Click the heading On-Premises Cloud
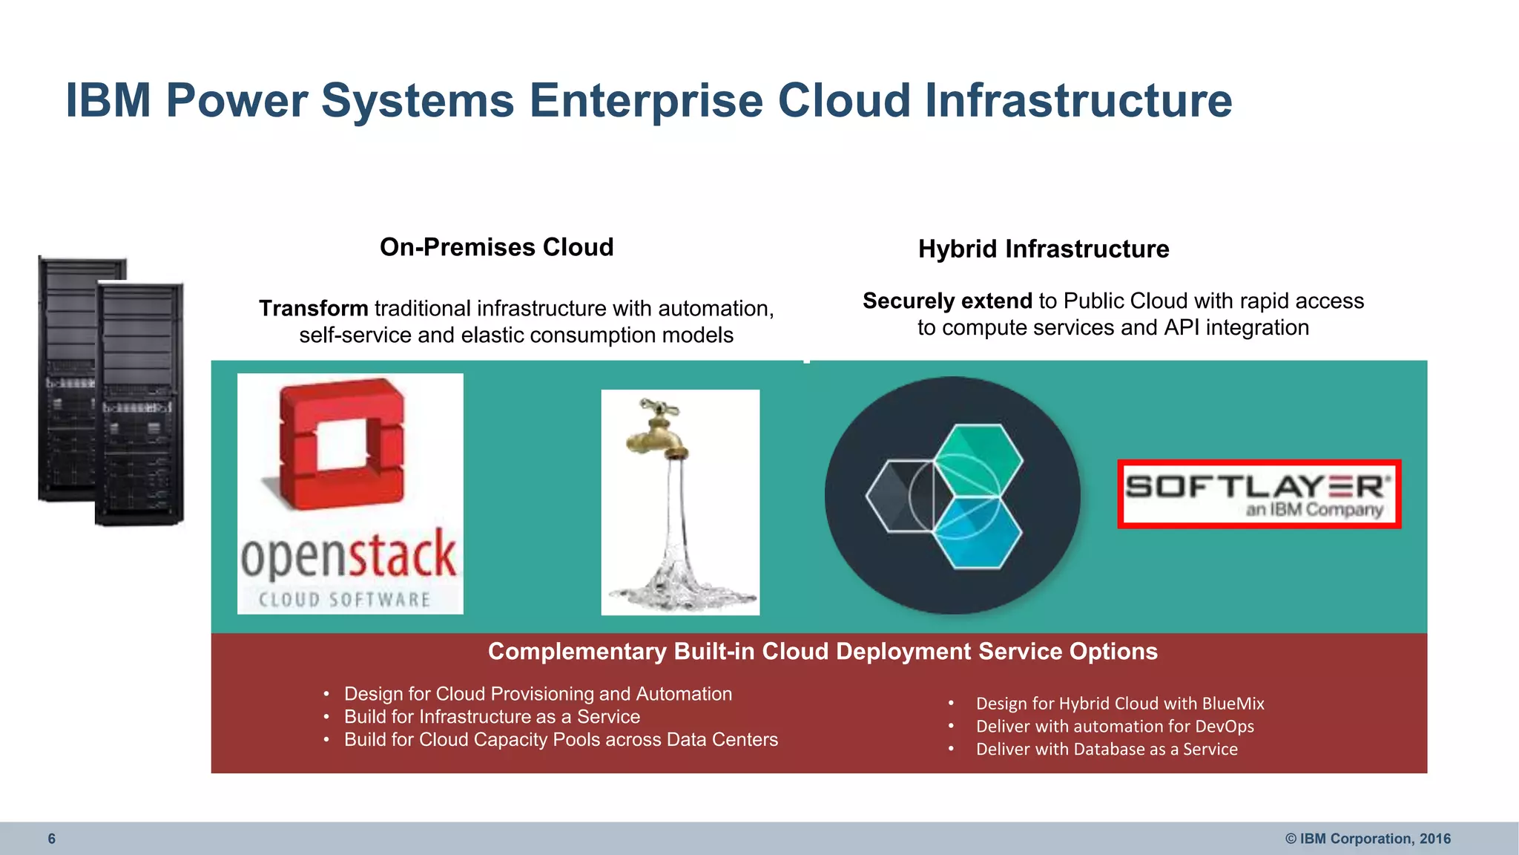pyautogui.click(x=496, y=247)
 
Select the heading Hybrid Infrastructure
pyautogui.click(x=1043, y=249)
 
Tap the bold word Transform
pyautogui.click(x=313, y=309)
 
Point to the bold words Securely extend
pyautogui.click(x=947, y=301)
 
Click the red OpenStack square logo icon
pyautogui.click(x=342, y=445)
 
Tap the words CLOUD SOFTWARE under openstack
pyautogui.click(x=345, y=600)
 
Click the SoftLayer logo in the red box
pyautogui.click(x=1259, y=494)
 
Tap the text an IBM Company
pyautogui.click(x=1314, y=510)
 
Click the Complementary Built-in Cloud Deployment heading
pyautogui.click(x=822, y=652)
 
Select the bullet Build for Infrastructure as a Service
pyautogui.click(x=492, y=717)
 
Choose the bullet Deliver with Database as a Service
pyautogui.click(x=1106, y=750)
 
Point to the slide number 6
pyautogui.click(x=51, y=839)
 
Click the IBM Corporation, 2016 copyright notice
pyautogui.click(x=1368, y=839)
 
